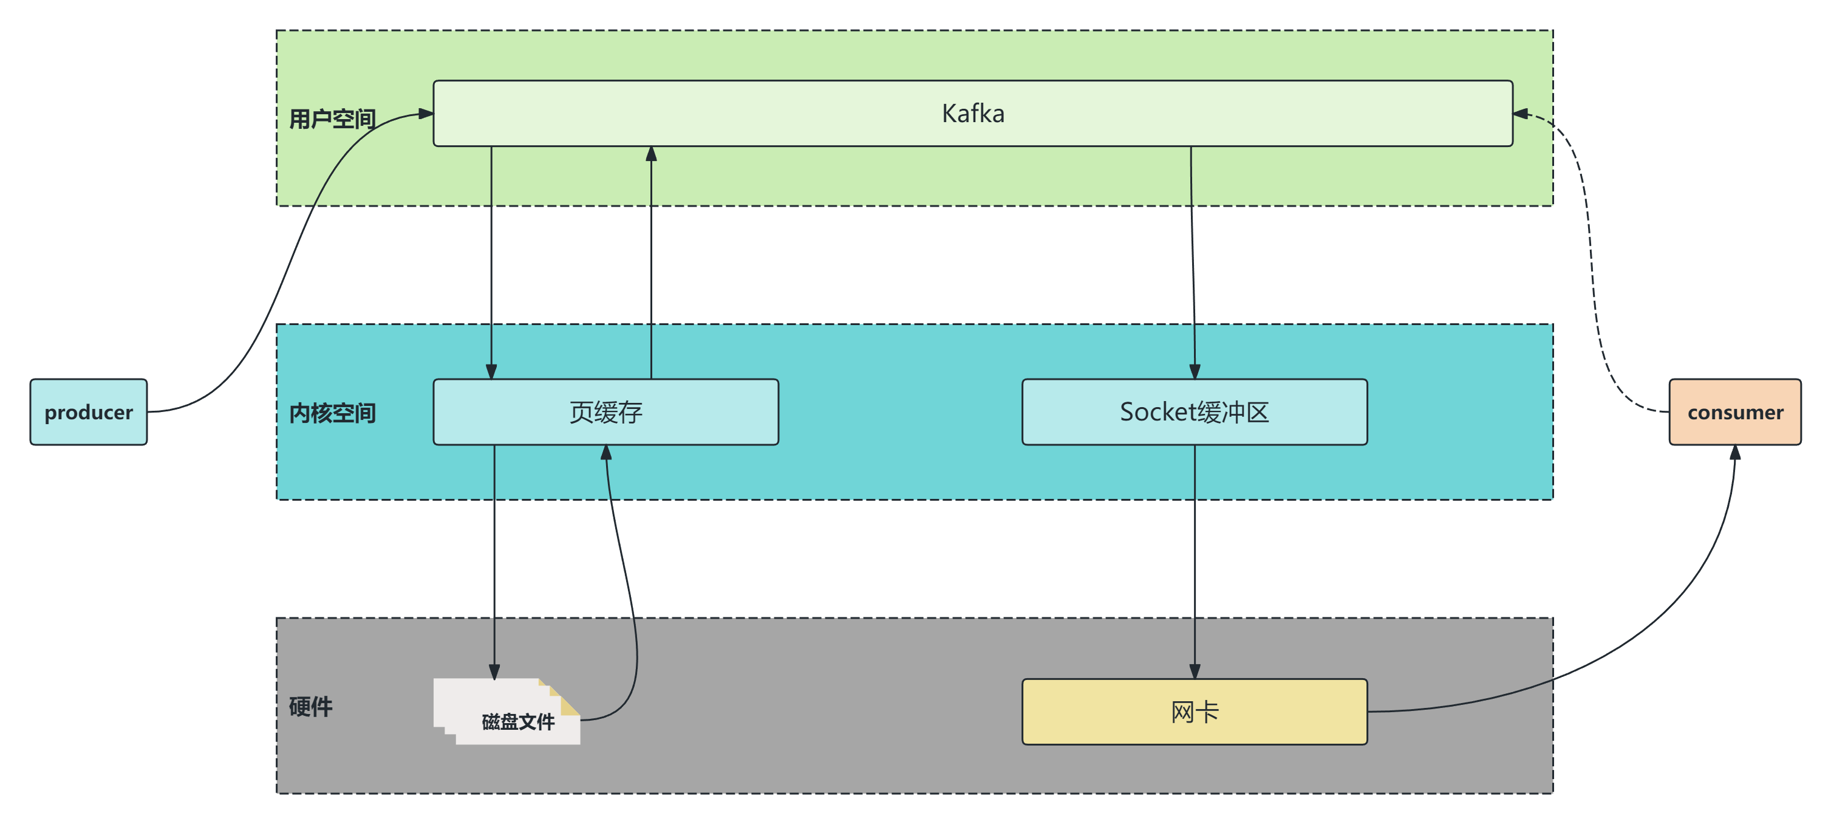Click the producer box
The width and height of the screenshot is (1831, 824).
click(88, 413)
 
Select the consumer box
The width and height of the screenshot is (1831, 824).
click(1734, 413)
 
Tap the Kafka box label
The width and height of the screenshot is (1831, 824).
click(972, 114)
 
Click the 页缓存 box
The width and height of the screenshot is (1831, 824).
click(605, 413)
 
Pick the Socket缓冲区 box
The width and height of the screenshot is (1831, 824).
click(1194, 413)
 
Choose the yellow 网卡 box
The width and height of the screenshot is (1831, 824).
click(1194, 712)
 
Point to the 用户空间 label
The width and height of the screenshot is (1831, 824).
click(332, 118)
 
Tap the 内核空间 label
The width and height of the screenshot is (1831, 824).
click(332, 413)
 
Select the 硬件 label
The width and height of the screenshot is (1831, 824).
click(310, 707)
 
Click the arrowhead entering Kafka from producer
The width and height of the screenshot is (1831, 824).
click(426, 114)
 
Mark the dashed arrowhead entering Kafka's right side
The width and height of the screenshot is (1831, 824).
click(1521, 114)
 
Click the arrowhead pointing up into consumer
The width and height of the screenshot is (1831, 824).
click(1735, 453)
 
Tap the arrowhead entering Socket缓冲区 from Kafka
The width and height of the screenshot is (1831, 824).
click(1194, 371)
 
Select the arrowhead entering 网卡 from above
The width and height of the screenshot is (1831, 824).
click(1194, 671)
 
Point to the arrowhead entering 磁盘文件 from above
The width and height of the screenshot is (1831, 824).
click(494, 671)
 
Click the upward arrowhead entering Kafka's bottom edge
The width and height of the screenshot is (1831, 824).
click(651, 154)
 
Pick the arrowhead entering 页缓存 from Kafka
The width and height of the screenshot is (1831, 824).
click(491, 371)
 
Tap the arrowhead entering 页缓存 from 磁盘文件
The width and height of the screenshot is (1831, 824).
click(606, 453)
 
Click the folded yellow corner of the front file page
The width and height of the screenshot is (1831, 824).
click(571, 707)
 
